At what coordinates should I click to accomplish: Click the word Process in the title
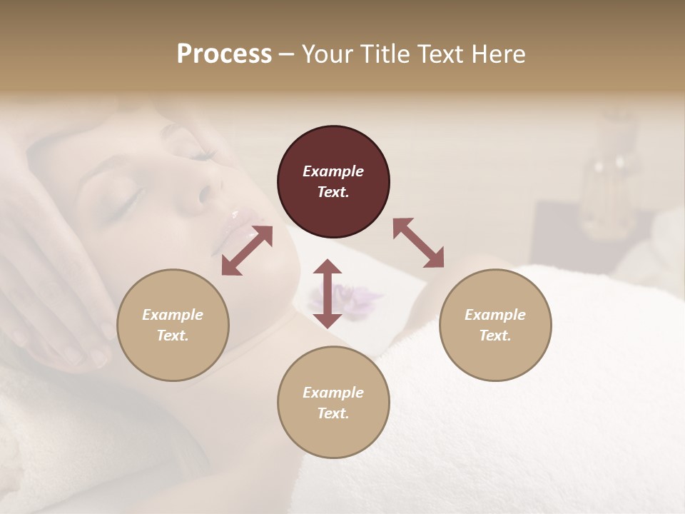[224, 54]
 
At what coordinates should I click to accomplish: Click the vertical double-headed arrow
[328, 293]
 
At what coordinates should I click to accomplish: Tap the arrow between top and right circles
[418, 243]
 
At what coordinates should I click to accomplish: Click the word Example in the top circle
[333, 171]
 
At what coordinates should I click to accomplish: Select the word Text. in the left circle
[173, 336]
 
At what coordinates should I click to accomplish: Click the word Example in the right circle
[495, 315]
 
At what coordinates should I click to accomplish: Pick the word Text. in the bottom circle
[333, 413]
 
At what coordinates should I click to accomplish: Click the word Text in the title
[437, 54]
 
